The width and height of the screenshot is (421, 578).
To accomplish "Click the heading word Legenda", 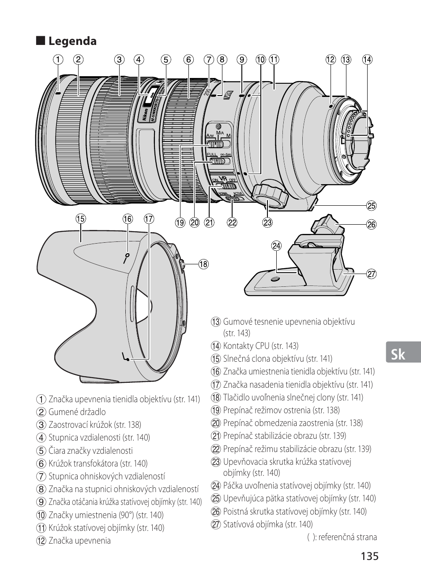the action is pos(72,41).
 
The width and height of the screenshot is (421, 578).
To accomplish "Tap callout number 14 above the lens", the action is pos(367,59).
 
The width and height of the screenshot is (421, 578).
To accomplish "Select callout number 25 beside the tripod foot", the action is pos(372,206).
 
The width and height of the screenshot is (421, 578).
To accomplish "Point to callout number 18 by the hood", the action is pos(203,264).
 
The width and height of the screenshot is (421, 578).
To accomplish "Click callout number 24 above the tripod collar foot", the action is pos(277,245).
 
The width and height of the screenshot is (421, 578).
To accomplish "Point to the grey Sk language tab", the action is pos(403,352).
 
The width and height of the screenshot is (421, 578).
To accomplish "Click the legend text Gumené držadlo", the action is pos(77,412).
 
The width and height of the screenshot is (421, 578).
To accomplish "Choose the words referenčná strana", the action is pos(348,537).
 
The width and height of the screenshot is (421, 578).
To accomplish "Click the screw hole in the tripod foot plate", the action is pos(275,279).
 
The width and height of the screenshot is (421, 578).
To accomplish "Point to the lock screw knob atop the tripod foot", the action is pos(327,224).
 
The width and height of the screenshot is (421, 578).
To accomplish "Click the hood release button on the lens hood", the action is pos(182,265).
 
